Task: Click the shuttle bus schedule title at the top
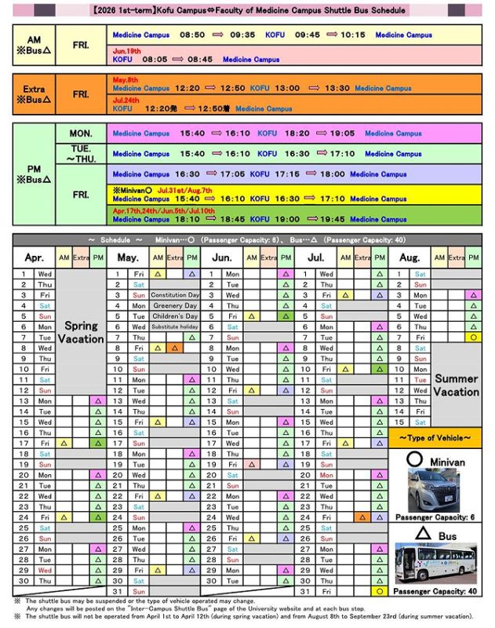pyautogui.click(x=247, y=11)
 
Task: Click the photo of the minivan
pyautogui.click(x=428, y=490)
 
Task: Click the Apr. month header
pyautogui.click(x=35, y=257)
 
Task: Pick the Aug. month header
pyautogui.click(x=409, y=257)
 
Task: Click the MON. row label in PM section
pyautogui.click(x=81, y=133)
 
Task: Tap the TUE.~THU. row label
pyautogui.click(x=81, y=154)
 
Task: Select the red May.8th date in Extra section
pyautogui.click(x=126, y=80)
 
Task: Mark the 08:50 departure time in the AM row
pyautogui.click(x=191, y=35)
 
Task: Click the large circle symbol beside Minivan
pyautogui.click(x=415, y=459)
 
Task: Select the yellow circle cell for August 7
pyautogui.click(x=473, y=337)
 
